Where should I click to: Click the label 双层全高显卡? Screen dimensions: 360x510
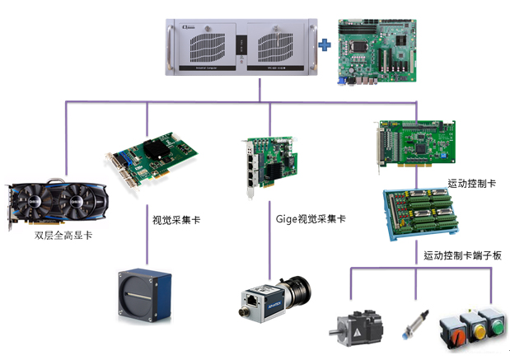click(x=63, y=235)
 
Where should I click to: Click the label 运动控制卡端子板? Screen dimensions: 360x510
click(x=461, y=255)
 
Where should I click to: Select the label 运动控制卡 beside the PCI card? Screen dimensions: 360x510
click(x=473, y=183)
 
